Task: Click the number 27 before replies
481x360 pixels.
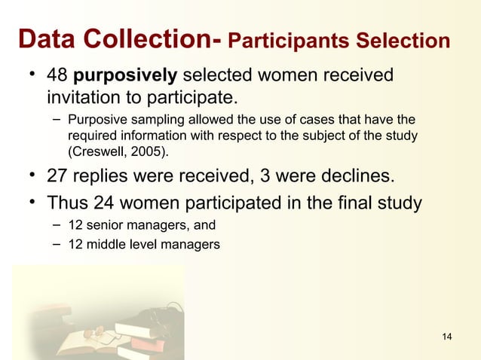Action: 57,177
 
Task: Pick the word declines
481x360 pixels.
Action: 355,177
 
